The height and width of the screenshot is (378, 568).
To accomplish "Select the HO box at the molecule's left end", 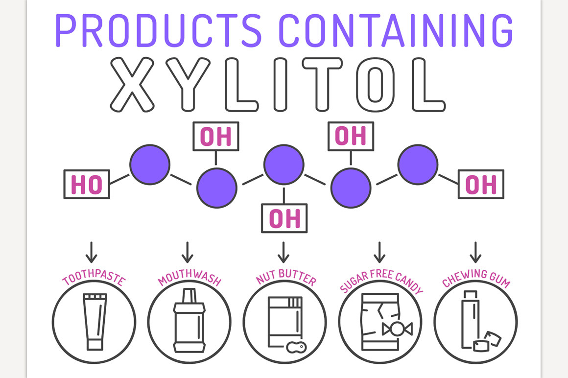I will (87, 185).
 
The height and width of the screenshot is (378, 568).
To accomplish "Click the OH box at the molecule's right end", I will (480, 184).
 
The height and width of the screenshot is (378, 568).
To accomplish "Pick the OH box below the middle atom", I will (284, 218).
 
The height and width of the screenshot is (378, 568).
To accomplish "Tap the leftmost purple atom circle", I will (150, 165).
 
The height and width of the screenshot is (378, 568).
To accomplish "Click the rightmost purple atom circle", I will (418, 165).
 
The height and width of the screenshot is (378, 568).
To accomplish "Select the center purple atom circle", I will (284, 165).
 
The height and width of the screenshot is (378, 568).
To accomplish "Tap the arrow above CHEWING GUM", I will (475, 251).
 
